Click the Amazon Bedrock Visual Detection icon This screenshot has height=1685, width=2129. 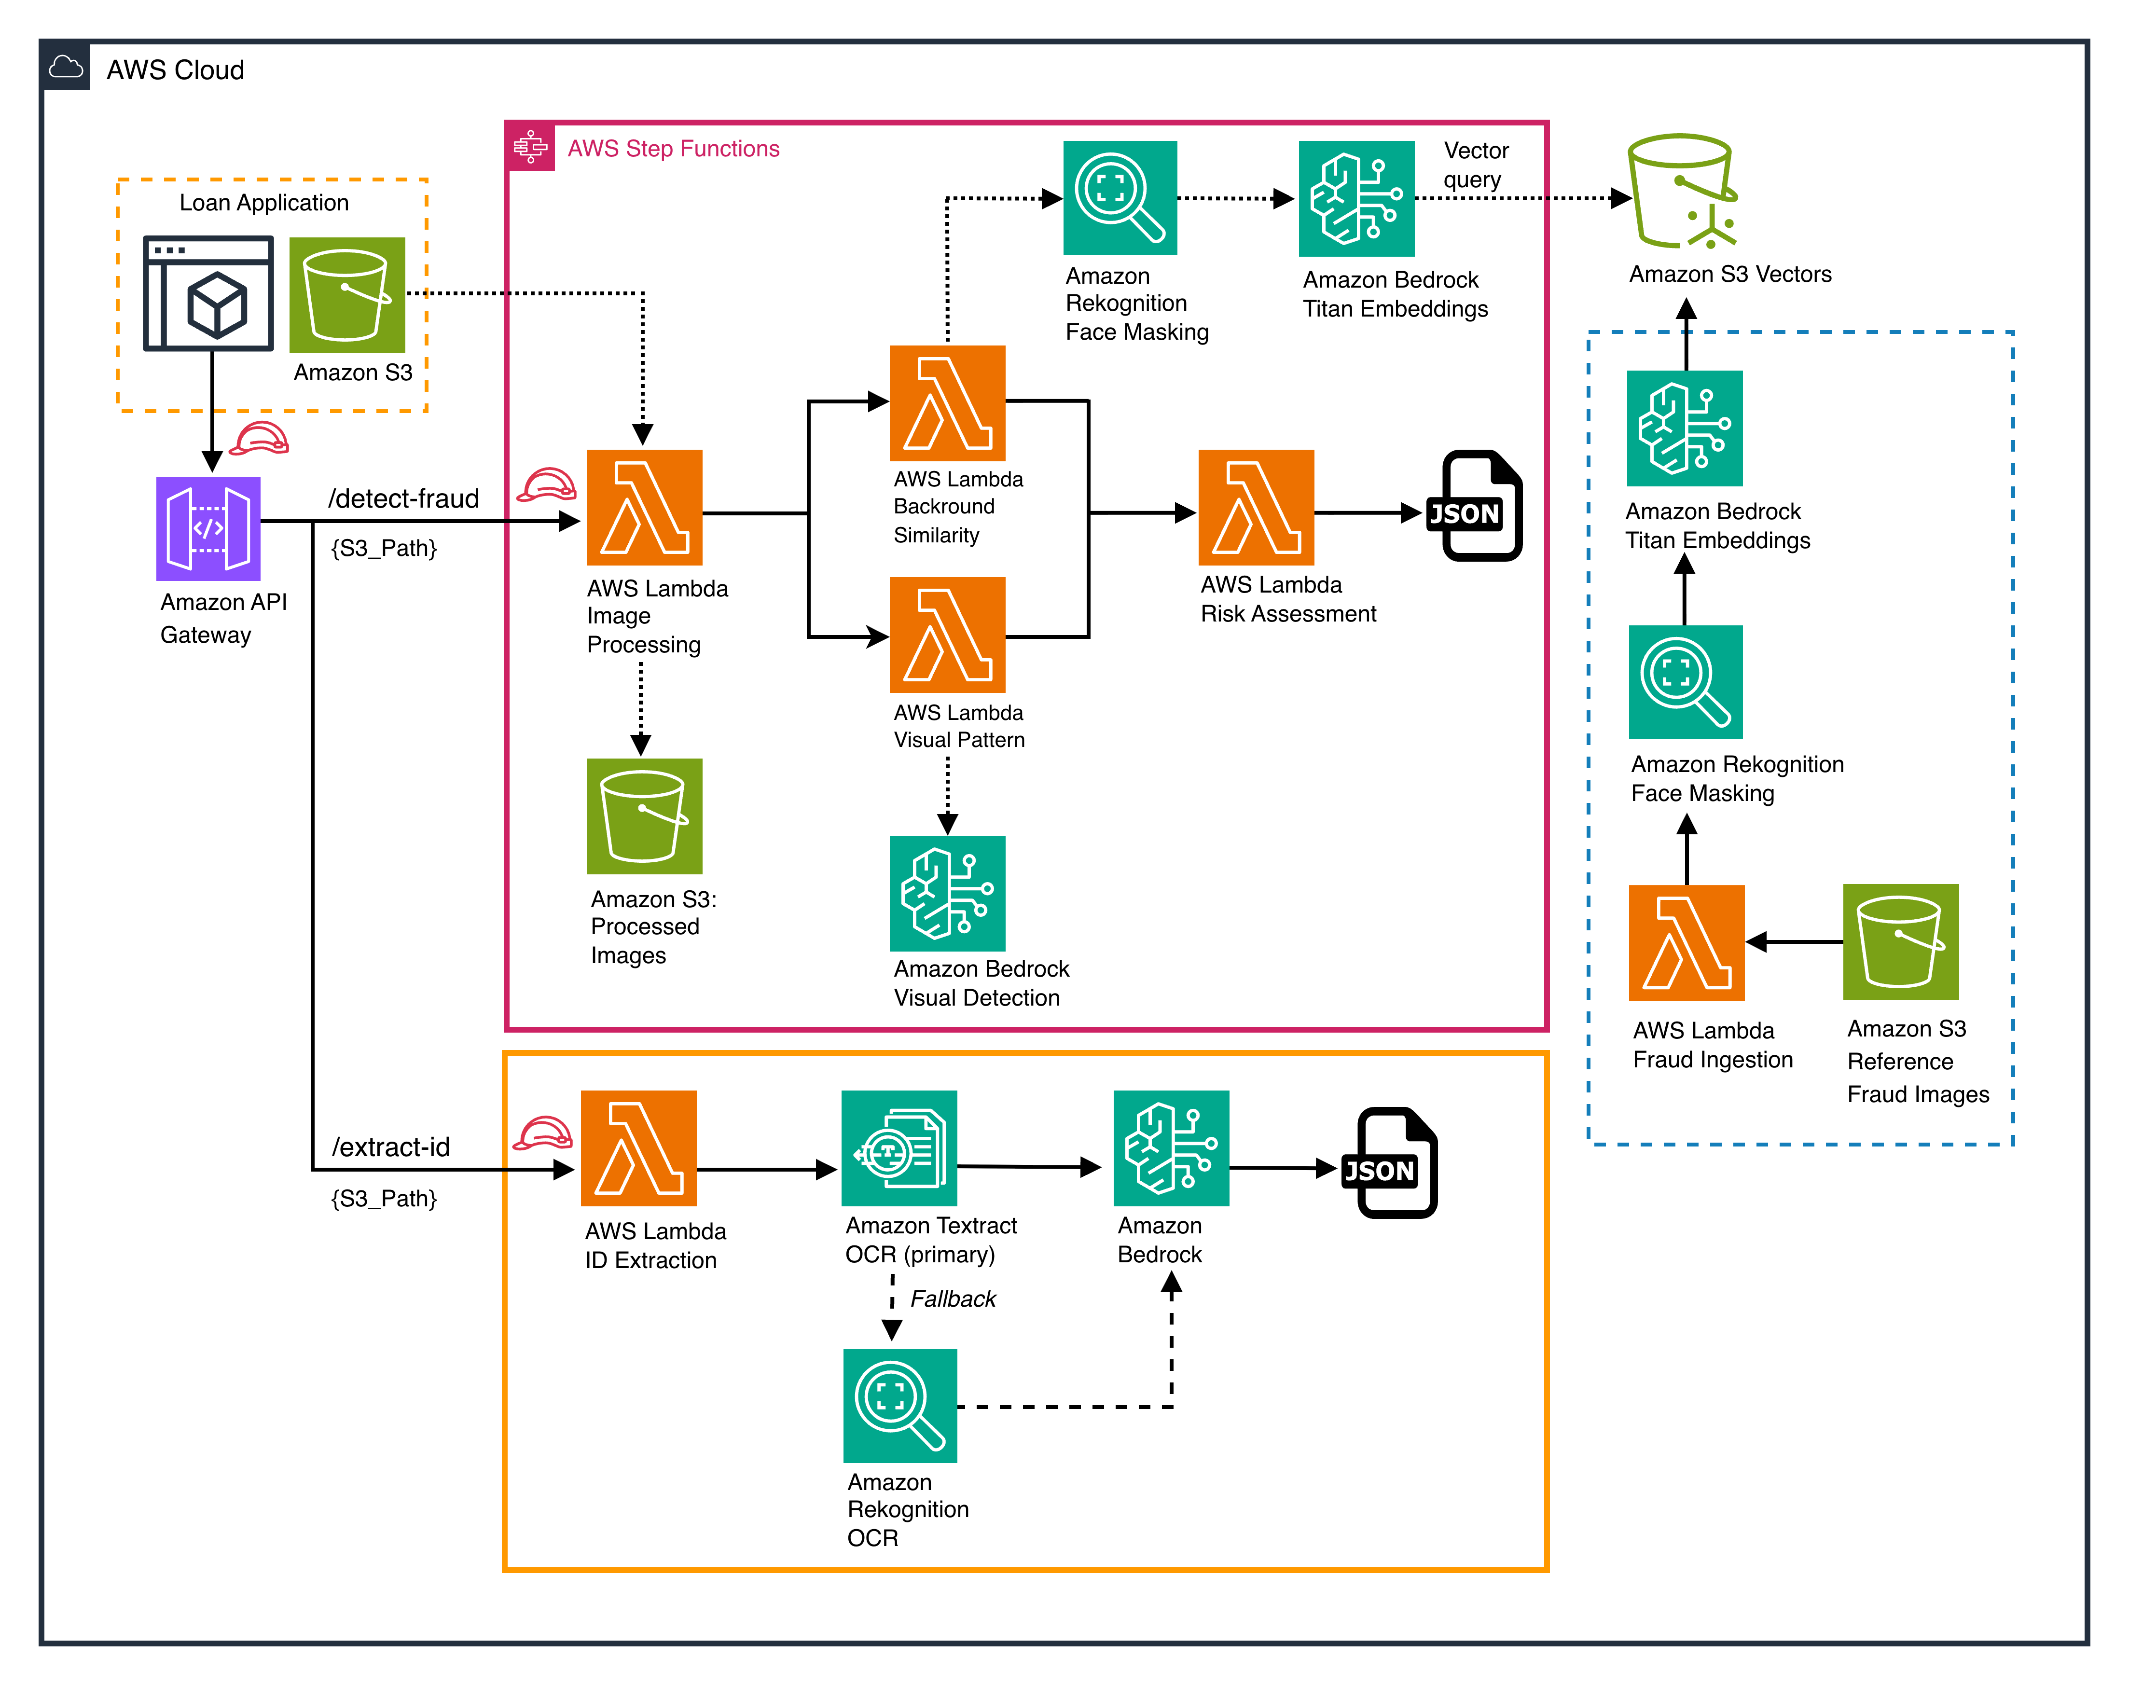(947, 893)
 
